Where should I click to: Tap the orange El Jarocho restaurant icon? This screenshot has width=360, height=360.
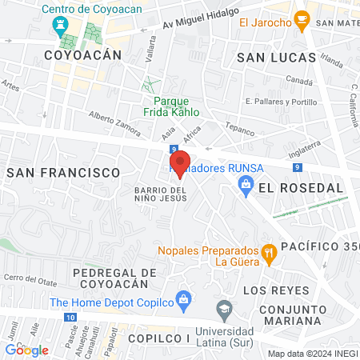302,18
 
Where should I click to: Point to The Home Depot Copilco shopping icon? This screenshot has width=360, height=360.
183,302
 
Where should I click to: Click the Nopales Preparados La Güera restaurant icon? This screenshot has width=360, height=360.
270,253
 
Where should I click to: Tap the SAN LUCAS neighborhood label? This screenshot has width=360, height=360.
273,58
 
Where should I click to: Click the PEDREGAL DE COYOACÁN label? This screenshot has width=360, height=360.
111,278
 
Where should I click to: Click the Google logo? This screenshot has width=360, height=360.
26,350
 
